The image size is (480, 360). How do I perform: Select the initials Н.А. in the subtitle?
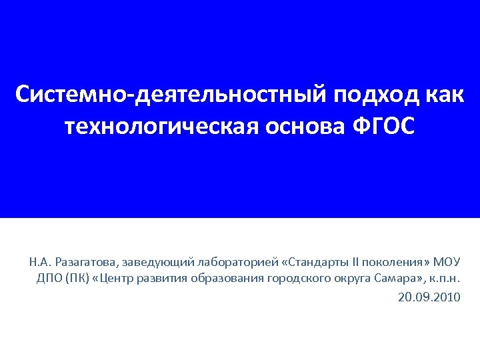click(39, 261)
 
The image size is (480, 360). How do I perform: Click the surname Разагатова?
click(85, 261)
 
